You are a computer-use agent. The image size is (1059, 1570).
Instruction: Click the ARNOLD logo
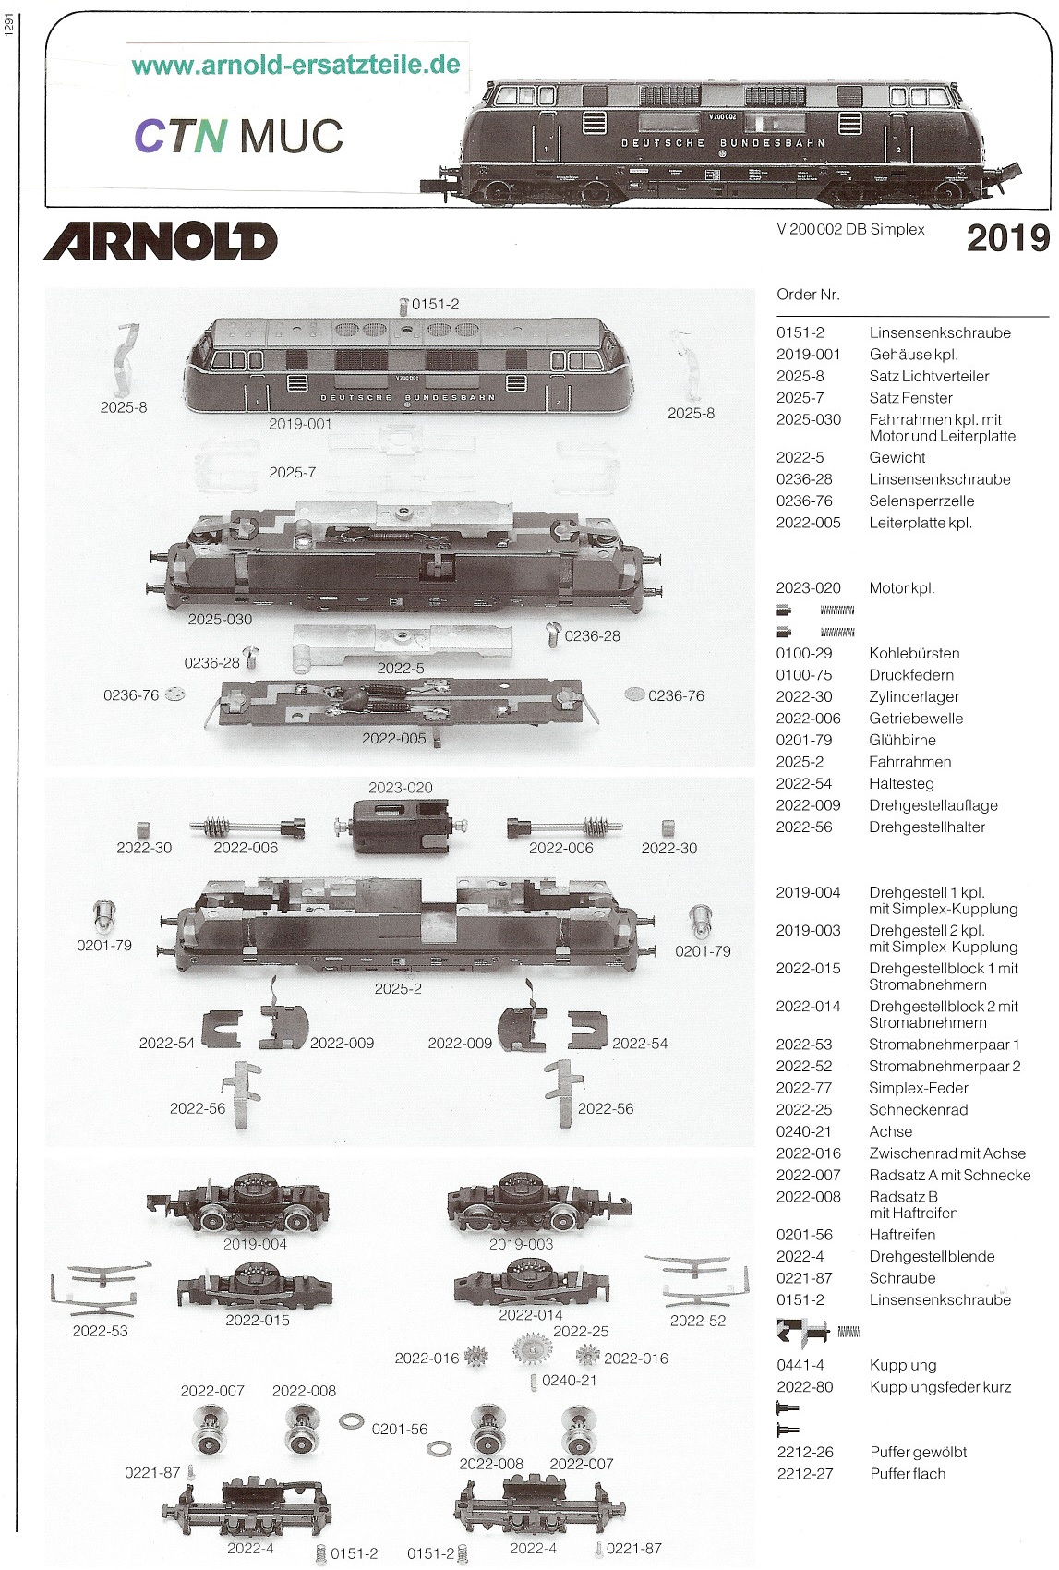(161, 241)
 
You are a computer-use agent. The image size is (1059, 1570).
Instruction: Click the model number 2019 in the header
(1007, 238)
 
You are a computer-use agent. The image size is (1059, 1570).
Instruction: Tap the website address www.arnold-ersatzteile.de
(295, 65)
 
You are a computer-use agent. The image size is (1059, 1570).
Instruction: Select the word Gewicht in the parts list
(897, 457)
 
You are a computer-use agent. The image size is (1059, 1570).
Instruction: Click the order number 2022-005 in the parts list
(808, 523)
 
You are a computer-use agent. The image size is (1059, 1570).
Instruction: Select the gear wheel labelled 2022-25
(532, 1351)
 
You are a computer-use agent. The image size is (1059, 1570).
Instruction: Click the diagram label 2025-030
(220, 620)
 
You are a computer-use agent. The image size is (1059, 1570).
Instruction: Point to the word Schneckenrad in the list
(918, 1109)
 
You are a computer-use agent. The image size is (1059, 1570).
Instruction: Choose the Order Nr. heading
(808, 295)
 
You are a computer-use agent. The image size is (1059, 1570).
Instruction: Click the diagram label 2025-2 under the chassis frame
(398, 988)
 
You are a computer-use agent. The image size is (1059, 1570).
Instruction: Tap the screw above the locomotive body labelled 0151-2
(403, 306)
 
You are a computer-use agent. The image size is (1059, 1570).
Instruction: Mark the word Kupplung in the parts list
(902, 1365)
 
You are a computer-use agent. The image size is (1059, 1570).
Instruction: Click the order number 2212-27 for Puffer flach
(804, 1474)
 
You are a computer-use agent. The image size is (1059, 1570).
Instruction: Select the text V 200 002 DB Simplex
(850, 229)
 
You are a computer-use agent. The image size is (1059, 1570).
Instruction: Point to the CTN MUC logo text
(238, 137)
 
